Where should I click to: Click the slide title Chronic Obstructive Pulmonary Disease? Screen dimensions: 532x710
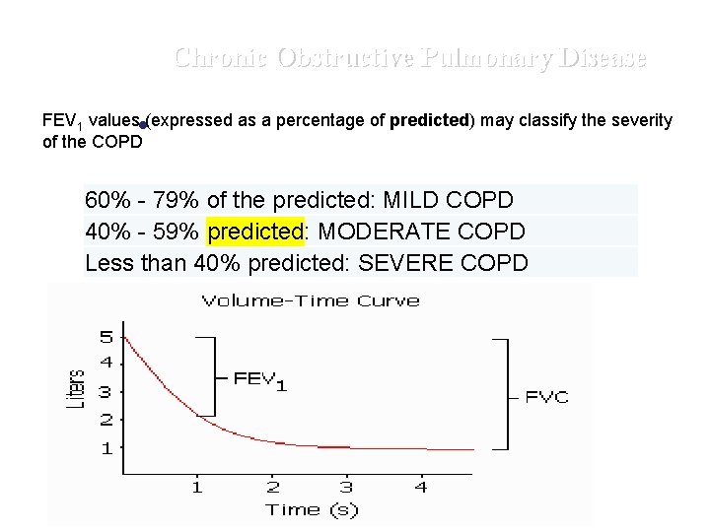410,58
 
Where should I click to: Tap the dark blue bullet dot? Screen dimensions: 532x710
143,126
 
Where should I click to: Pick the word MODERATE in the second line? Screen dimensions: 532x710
388,233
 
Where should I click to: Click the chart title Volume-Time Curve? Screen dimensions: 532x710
311,300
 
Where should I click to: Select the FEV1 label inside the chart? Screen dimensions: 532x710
260,379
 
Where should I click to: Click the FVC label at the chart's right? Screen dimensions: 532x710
546,398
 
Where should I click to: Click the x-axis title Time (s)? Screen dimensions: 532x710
313,509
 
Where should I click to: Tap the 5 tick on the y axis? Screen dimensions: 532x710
106,336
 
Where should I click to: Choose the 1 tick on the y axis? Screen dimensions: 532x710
106,447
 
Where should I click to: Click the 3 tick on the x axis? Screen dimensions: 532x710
347,487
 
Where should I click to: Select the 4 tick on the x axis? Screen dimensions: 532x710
421,487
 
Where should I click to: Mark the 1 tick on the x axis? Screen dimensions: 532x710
196,487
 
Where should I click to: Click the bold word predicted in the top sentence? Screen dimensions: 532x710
432,120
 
